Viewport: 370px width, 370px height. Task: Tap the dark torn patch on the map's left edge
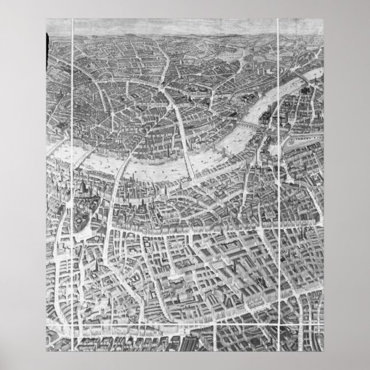click(x=49, y=40)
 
